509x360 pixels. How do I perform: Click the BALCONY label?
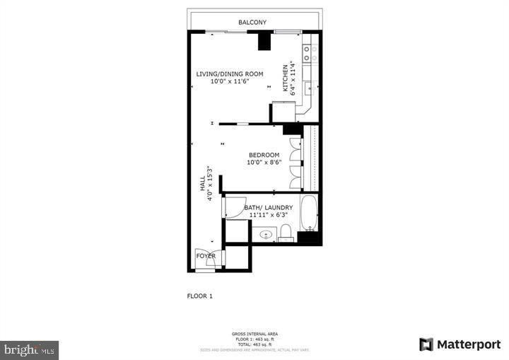[252, 23]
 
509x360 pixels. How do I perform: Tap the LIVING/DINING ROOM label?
[230, 74]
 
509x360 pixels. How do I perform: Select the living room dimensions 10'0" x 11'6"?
[230, 81]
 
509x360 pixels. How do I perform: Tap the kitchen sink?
[309, 88]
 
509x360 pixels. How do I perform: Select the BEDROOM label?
[264, 155]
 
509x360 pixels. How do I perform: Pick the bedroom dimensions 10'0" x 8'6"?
[264, 163]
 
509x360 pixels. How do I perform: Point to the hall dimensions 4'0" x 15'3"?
[210, 183]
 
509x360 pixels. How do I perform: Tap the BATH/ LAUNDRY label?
[269, 207]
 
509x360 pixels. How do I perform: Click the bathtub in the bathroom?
[309, 213]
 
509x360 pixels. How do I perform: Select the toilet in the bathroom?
[286, 233]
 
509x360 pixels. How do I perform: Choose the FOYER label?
[206, 256]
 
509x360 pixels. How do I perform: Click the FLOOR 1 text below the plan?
[199, 296]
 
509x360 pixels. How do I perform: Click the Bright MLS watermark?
[29, 349]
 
